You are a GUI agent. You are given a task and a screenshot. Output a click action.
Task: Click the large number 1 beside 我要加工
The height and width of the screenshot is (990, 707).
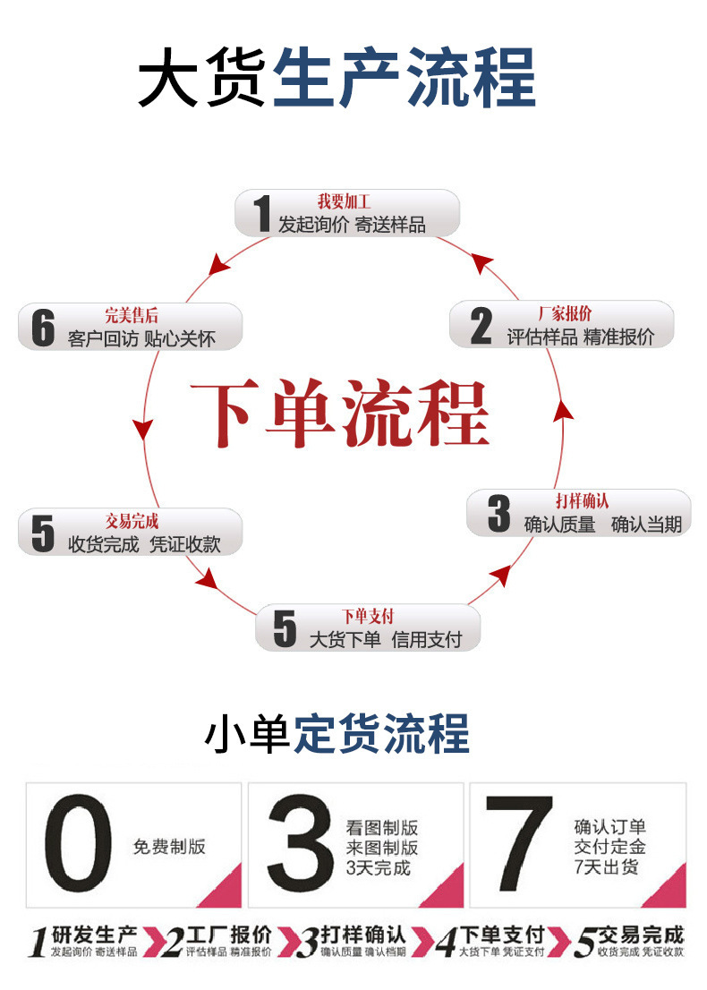pos(261,214)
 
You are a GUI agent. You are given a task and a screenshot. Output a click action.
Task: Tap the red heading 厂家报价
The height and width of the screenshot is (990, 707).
pos(565,313)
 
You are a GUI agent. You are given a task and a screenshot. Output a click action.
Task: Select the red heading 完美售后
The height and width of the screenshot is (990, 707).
pos(132,315)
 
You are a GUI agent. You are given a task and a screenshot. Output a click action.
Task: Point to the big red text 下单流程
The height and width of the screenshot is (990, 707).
pos(340,414)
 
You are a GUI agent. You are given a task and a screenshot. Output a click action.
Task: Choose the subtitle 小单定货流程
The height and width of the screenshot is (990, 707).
pos(337,734)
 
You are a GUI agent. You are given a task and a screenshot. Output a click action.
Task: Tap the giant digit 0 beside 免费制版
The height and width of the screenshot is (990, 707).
pos(79,843)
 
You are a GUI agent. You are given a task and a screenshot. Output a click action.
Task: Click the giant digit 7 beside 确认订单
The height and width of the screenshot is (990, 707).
pos(520,843)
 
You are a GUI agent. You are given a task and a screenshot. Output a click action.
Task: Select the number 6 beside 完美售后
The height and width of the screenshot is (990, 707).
pos(43,328)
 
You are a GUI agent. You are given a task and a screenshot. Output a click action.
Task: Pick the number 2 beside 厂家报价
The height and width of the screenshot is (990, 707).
pos(481,327)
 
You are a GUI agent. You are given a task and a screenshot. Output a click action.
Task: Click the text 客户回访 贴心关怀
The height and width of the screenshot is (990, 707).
pos(141,339)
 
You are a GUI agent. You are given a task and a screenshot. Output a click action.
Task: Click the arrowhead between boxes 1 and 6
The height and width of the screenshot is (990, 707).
pos(216,263)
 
